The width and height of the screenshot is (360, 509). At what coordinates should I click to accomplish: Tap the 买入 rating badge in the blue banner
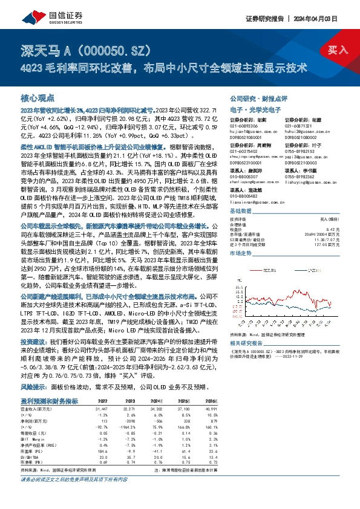pyautogui.click(x=339, y=51)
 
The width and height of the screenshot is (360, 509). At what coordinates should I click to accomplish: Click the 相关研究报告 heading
pyautogui.click(x=247, y=342)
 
